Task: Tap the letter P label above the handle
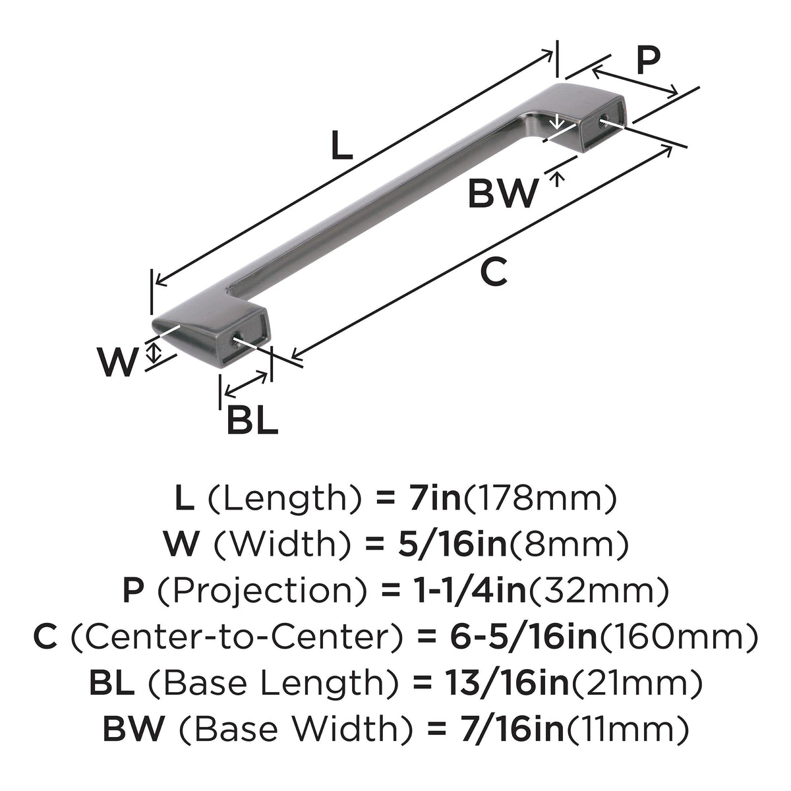[x=648, y=59]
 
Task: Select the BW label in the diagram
[x=503, y=193]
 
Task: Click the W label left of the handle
[x=117, y=362]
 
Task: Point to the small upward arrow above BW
[x=557, y=180]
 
